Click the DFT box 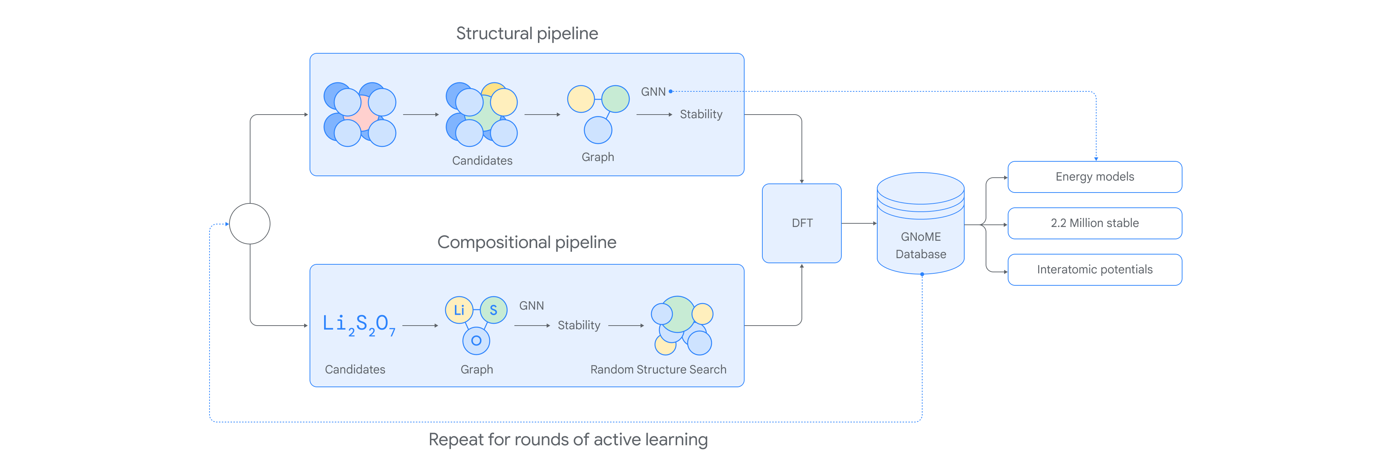pyautogui.click(x=801, y=223)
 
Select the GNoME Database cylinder pyautogui.click(x=920, y=223)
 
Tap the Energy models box pyautogui.click(x=1095, y=177)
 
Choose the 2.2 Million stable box pyautogui.click(x=1095, y=223)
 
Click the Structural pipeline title pyautogui.click(x=527, y=33)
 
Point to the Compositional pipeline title pyautogui.click(x=527, y=242)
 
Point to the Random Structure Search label pyautogui.click(x=658, y=370)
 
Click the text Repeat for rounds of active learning pyautogui.click(x=568, y=440)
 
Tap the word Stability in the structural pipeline pyautogui.click(x=701, y=115)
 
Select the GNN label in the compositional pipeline pyautogui.click(x=531, y=306)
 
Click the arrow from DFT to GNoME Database pyautogui.click(x=859, y=223)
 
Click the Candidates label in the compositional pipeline pyautogui.click(x=355, y=370)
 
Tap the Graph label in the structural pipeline pyautogui.click(x=598, y=157)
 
